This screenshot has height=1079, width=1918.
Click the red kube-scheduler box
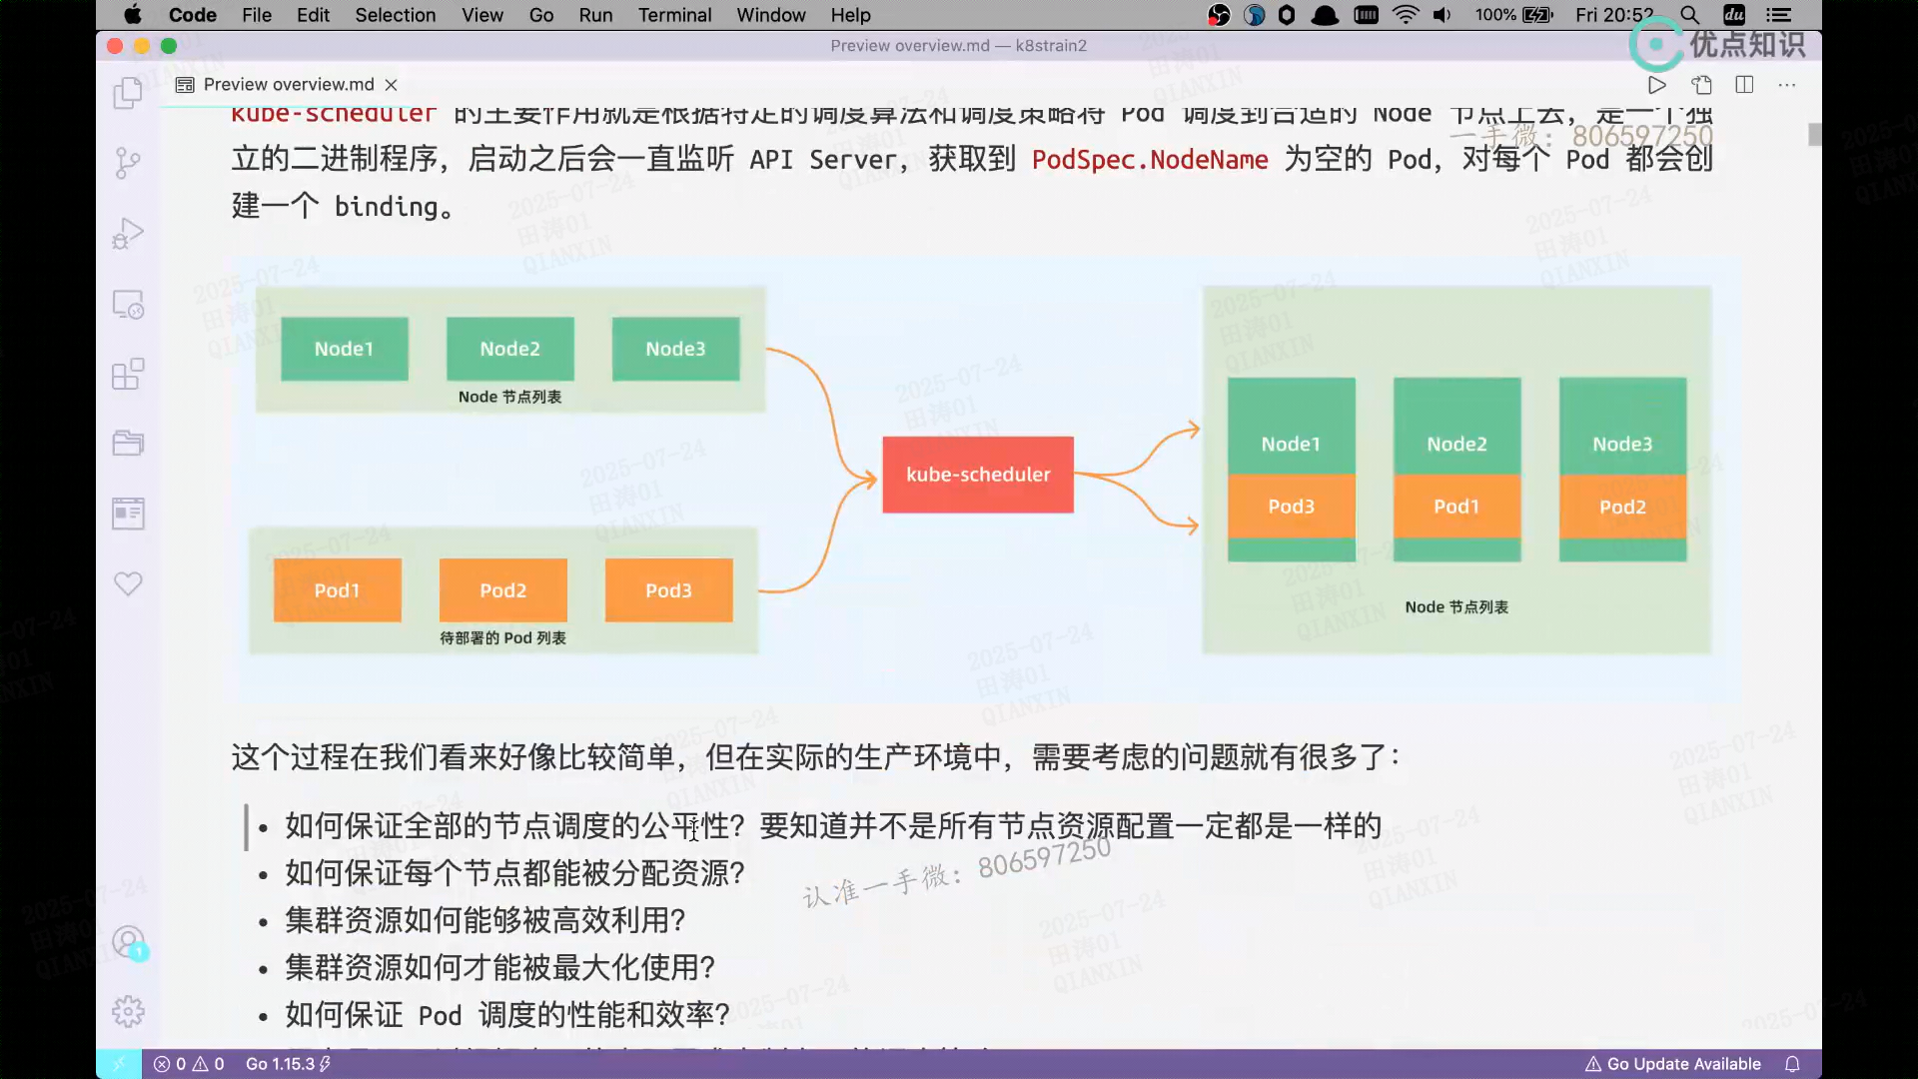pyautogui.click(x=978, y=475)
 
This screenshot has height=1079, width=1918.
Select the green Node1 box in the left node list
pyautogui.click(x=344, y=349)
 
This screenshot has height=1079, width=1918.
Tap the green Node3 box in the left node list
pyautogui.click(x=675, y=349)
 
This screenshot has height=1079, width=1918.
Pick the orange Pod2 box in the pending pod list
pyautogui.click(x=502, y=590)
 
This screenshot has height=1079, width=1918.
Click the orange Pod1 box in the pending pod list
pyautogui.click(x=337, y=590)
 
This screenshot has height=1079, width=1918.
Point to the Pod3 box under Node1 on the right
pyautogui.click(x=1291, y=507)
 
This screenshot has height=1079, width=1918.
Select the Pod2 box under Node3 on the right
pyautogui.click(x=1622, y=507)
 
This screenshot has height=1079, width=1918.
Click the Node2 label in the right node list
pyautogui.click(x=1456, y=444)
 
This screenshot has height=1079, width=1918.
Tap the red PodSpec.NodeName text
pyautogui.click(x=1150, y=160)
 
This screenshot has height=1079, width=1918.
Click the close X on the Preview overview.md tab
pyautogui.click(x=392, y=85)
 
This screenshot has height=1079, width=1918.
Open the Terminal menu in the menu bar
pyautogui.click(x=674, y=15)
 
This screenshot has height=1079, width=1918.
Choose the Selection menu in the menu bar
pyautogui.click(x=395, y=15)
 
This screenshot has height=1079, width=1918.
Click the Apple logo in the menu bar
pyautogui.click(x=132, y=15)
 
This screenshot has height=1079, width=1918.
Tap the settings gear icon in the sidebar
pyautogui.click(x=128, y=1012)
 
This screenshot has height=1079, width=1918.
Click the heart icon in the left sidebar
pyautogui.click(x=128, y=583)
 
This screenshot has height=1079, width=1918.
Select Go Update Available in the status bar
pyautogui.click(x=1673, y=1064)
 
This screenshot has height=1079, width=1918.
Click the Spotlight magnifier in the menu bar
pyautogui.click(x=1689, y=15)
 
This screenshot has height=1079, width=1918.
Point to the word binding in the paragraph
pyautogui.click(x=387, y=207)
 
